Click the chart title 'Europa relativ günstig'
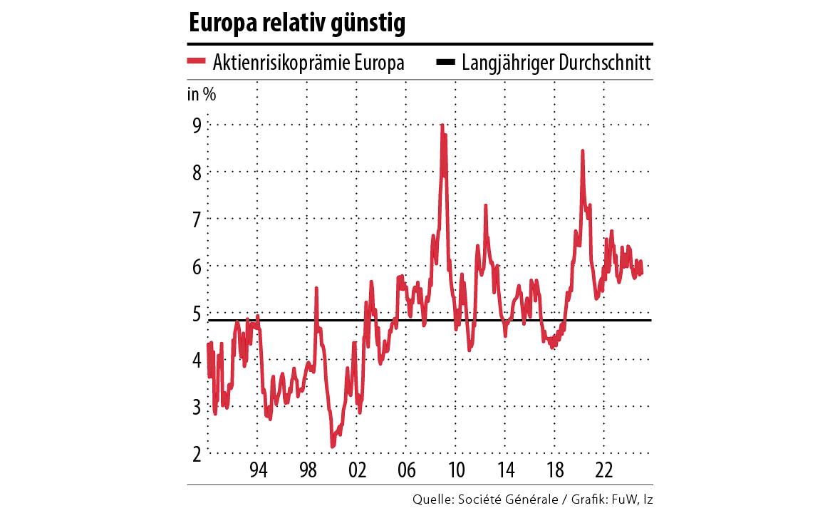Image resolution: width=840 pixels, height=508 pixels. point(296,24)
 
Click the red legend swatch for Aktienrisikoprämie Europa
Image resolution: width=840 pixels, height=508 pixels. point(196,62)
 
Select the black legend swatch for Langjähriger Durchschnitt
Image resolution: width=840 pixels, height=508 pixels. point(445,62)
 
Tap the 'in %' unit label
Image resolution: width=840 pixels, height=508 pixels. point(202,94)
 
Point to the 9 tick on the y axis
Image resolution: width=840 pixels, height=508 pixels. point(195,125)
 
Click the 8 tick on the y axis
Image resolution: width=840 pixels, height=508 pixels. point(195,172)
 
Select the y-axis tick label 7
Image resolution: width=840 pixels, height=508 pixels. point(195,219)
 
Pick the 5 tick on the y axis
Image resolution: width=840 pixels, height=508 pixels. point(195,313)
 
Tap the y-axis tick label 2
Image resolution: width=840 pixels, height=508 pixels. point(195,453)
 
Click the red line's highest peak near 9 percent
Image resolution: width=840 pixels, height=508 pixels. point(442,125)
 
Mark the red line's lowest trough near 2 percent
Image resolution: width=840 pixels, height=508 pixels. point(332,446)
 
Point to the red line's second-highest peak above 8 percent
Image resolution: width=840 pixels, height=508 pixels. point(583,151)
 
